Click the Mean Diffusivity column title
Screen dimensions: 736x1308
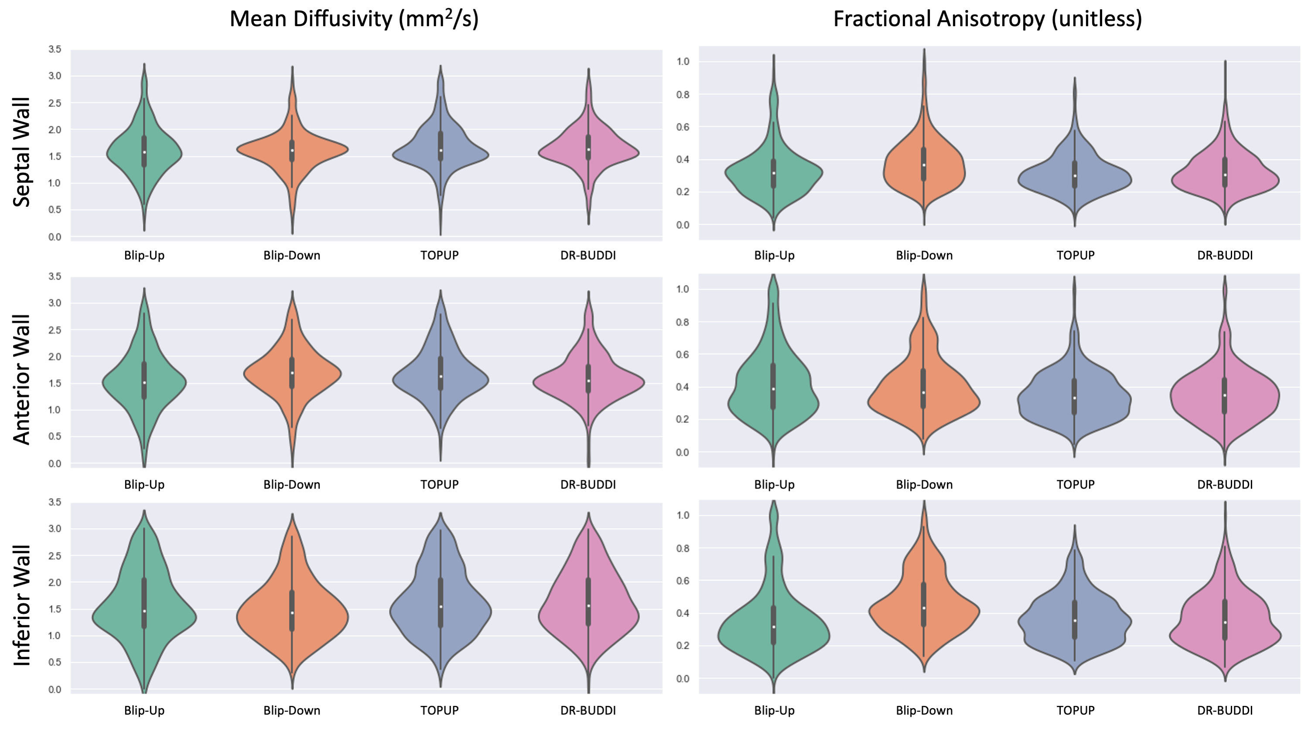[354, 19]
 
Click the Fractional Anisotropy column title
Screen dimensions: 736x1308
[987, 19]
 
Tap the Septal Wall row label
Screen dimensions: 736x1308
[22, 152]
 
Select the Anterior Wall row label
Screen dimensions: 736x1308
[22, 380]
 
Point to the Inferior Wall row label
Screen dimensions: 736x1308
[22, 605]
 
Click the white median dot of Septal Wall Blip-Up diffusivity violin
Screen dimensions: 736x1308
[145, 152]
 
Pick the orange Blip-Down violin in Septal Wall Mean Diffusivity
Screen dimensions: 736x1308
[315, 150]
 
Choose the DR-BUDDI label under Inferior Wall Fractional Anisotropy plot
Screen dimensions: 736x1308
[1225, 711]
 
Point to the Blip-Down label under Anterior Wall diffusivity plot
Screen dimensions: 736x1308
[292, 485]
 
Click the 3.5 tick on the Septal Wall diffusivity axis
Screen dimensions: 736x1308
[55, 49]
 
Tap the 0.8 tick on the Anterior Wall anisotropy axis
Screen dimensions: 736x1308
[683, 322]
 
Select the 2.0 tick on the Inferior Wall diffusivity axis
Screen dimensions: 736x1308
[55, 582]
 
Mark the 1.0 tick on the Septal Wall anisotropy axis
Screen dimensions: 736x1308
[683, 62]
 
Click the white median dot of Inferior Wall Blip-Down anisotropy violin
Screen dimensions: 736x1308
[924, 608]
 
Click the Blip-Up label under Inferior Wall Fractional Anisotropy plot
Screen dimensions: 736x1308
[774, 711]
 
